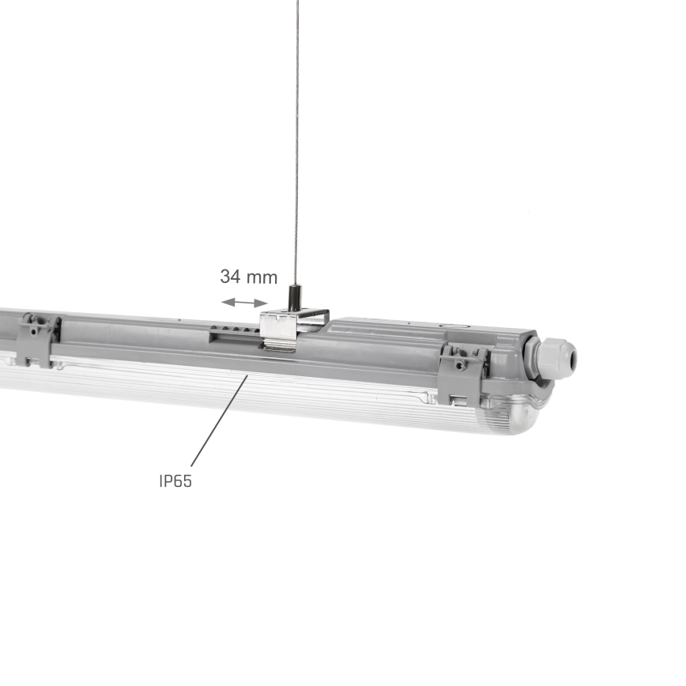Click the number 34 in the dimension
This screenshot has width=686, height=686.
point(230,277)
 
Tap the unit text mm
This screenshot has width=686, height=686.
point(261,277)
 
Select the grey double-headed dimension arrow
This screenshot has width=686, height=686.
point(243,303)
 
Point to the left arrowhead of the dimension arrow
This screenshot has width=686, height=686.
point(224,303)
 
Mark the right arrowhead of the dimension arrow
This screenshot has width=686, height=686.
point(262,303)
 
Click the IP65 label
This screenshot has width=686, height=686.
point(175,481)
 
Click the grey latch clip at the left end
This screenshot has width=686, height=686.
point(39,338)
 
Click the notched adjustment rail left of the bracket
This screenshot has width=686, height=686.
point(234,334)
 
